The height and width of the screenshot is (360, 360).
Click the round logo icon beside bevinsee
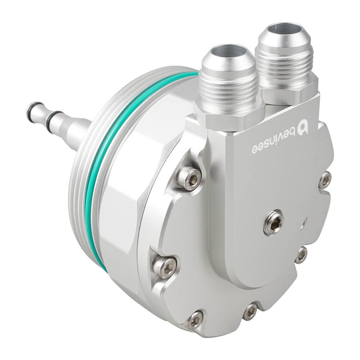(304, 129)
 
